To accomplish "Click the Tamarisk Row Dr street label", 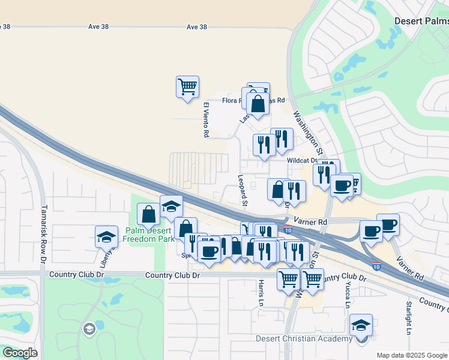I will (x=43, y=234).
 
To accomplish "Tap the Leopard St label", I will (x=244, y=191).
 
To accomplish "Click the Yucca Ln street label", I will (x=348, y=295).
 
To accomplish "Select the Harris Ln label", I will (x=261, y=293).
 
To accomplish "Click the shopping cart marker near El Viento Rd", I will (x=187, y=86).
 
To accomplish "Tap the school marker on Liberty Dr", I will (x=106, y=236).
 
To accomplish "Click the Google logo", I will (x=20, y=353).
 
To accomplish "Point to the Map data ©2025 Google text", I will (x=411, y=355).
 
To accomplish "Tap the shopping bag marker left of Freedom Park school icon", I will (x=148, y=214).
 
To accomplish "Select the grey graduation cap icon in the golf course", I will (x=89, y=329).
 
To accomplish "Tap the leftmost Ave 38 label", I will (x=5, y=26).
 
